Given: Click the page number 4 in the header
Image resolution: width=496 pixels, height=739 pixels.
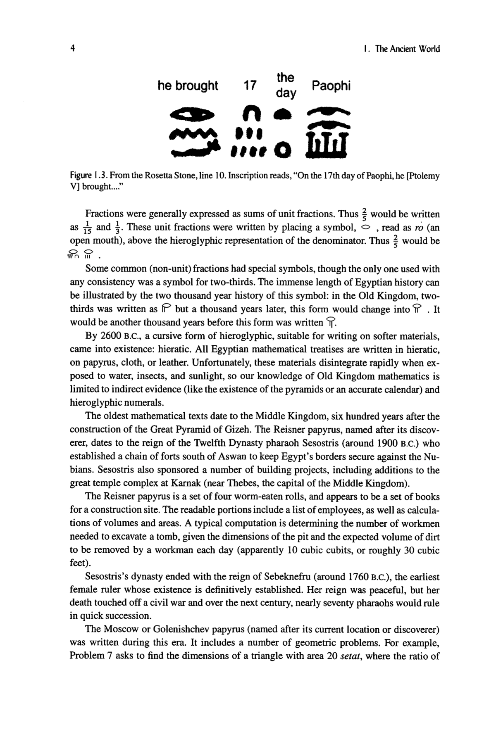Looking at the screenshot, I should (72, 49).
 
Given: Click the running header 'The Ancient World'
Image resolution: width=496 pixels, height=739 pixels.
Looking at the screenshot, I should (407, 49).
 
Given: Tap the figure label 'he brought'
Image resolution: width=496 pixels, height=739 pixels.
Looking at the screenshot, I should (188, 86).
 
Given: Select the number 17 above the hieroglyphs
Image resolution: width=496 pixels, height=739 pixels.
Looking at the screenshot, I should (250, 86).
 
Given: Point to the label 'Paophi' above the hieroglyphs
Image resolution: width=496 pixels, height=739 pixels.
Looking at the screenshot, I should (331, 86).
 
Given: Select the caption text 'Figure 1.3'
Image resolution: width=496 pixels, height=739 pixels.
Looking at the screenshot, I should (86, 176).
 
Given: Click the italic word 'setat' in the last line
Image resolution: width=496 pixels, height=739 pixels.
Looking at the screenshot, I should (353, 656).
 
